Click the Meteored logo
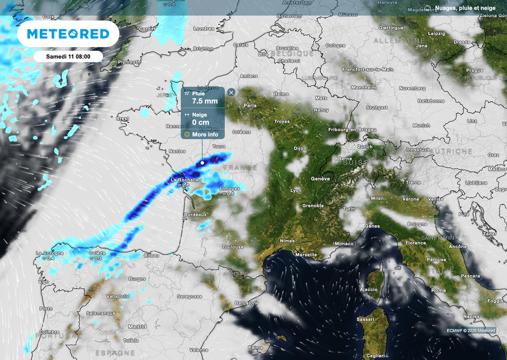point(68,34)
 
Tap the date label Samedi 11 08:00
point(68,56)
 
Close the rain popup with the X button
point(231,92)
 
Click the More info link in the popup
point(204,134)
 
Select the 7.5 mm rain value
point(204,102)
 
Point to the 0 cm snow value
point(201,122)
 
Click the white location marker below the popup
point(203,162)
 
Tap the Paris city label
point(250,105)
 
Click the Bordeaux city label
point(195,214)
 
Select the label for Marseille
point(305,255)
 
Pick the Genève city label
point(320,179)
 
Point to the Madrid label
point(137,327)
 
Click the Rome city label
point(438,290)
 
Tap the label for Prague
point(474,70)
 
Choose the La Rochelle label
point(184,180)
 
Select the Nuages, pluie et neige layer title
point(466,8)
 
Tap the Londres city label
point(203,29)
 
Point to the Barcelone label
point(247,303)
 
